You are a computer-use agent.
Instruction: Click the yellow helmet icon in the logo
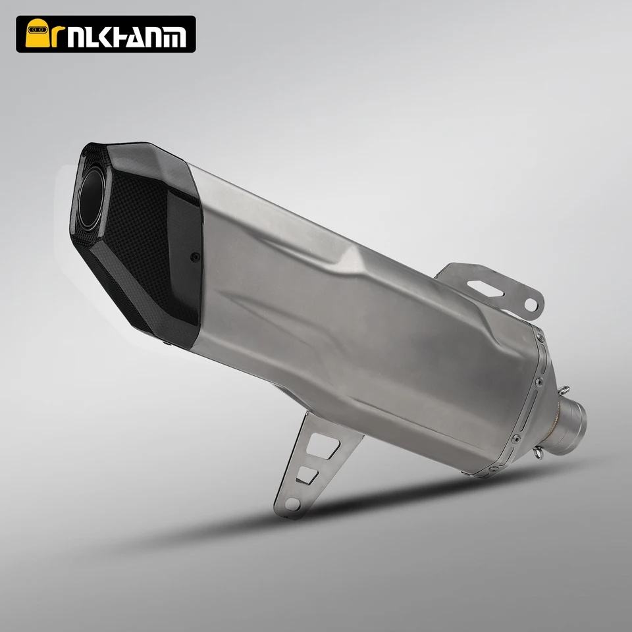pos(37,33)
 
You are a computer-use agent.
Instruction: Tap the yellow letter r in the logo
pos(58,37)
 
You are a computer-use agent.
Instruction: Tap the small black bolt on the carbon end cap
pos(196,256)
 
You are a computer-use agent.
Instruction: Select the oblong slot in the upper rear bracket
pos(485,288)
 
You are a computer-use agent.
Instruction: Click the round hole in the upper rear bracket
pos(531,304)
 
